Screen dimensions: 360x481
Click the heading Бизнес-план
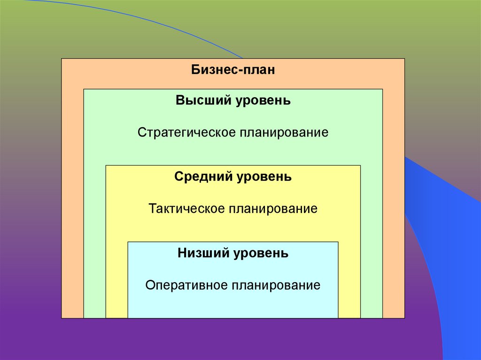coord(233,70)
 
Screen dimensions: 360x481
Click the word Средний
coord(198,177)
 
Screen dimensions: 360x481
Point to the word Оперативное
coord(186,285)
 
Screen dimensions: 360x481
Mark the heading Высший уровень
coord(233,101)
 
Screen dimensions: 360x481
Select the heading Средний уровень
coord(233,177)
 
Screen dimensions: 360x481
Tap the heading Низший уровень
coord(233,253)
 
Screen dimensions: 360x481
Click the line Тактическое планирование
coord(233,208)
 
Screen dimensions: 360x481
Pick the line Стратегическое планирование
coord(233,132)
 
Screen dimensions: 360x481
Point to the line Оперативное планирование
coord(233,285)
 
